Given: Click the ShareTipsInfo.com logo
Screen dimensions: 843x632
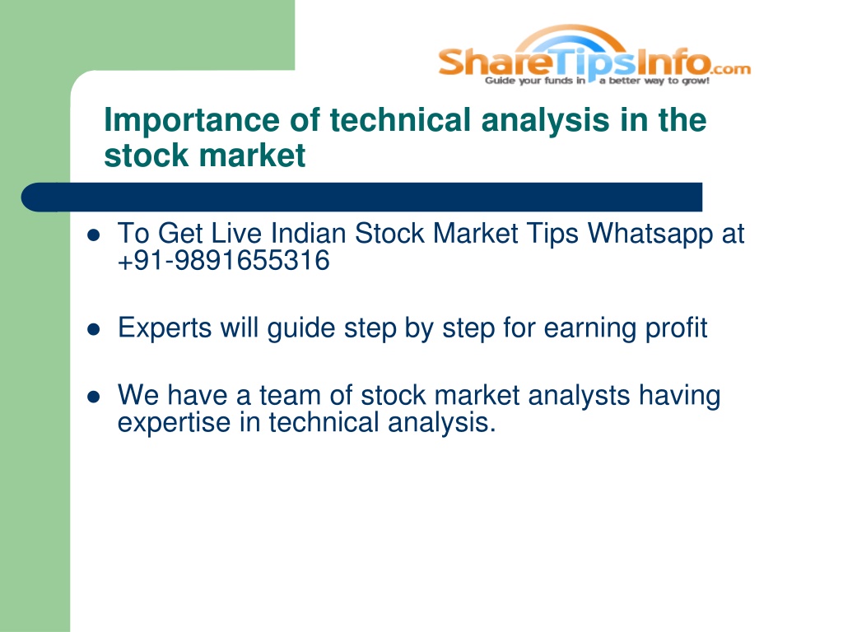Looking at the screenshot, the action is [x=594, y=55].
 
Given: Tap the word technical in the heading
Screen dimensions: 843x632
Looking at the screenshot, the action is [x=400, y=120].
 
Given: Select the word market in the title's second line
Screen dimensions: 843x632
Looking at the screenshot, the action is [x=252, y=156].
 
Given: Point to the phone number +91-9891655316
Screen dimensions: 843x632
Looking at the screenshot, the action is [x=224, y=261].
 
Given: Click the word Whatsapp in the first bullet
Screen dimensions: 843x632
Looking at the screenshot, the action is [x=650, y=235].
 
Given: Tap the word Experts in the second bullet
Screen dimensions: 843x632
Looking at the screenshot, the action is [x=165, y=328].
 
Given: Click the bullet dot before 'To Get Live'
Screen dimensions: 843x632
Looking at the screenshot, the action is [x=94, y=235].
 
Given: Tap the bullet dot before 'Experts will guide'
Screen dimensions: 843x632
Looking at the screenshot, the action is [x=94, y=329].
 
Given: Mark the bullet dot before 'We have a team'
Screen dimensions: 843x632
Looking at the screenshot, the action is [x=94, y=397].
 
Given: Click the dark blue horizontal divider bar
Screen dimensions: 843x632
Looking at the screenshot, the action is [x=361, y=197].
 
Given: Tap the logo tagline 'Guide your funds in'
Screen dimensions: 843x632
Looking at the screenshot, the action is [x=535, y=81].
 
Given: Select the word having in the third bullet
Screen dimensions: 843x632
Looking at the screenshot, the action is [x=679, y=396].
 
